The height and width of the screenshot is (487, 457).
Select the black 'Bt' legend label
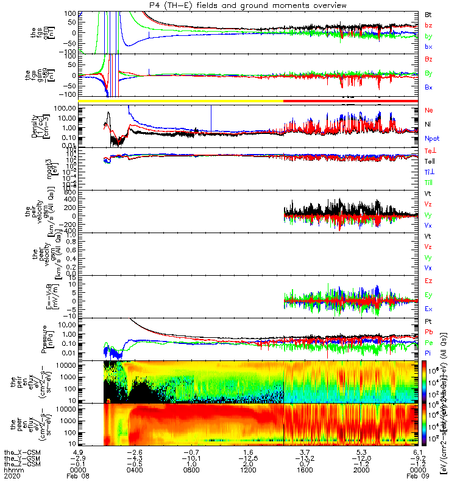(x=428, y=14)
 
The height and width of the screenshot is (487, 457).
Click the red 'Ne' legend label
(x=429, y=110)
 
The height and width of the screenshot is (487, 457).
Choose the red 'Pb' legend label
(x=429, y=332)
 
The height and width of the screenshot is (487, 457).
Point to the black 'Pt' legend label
(x=428, y=321)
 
